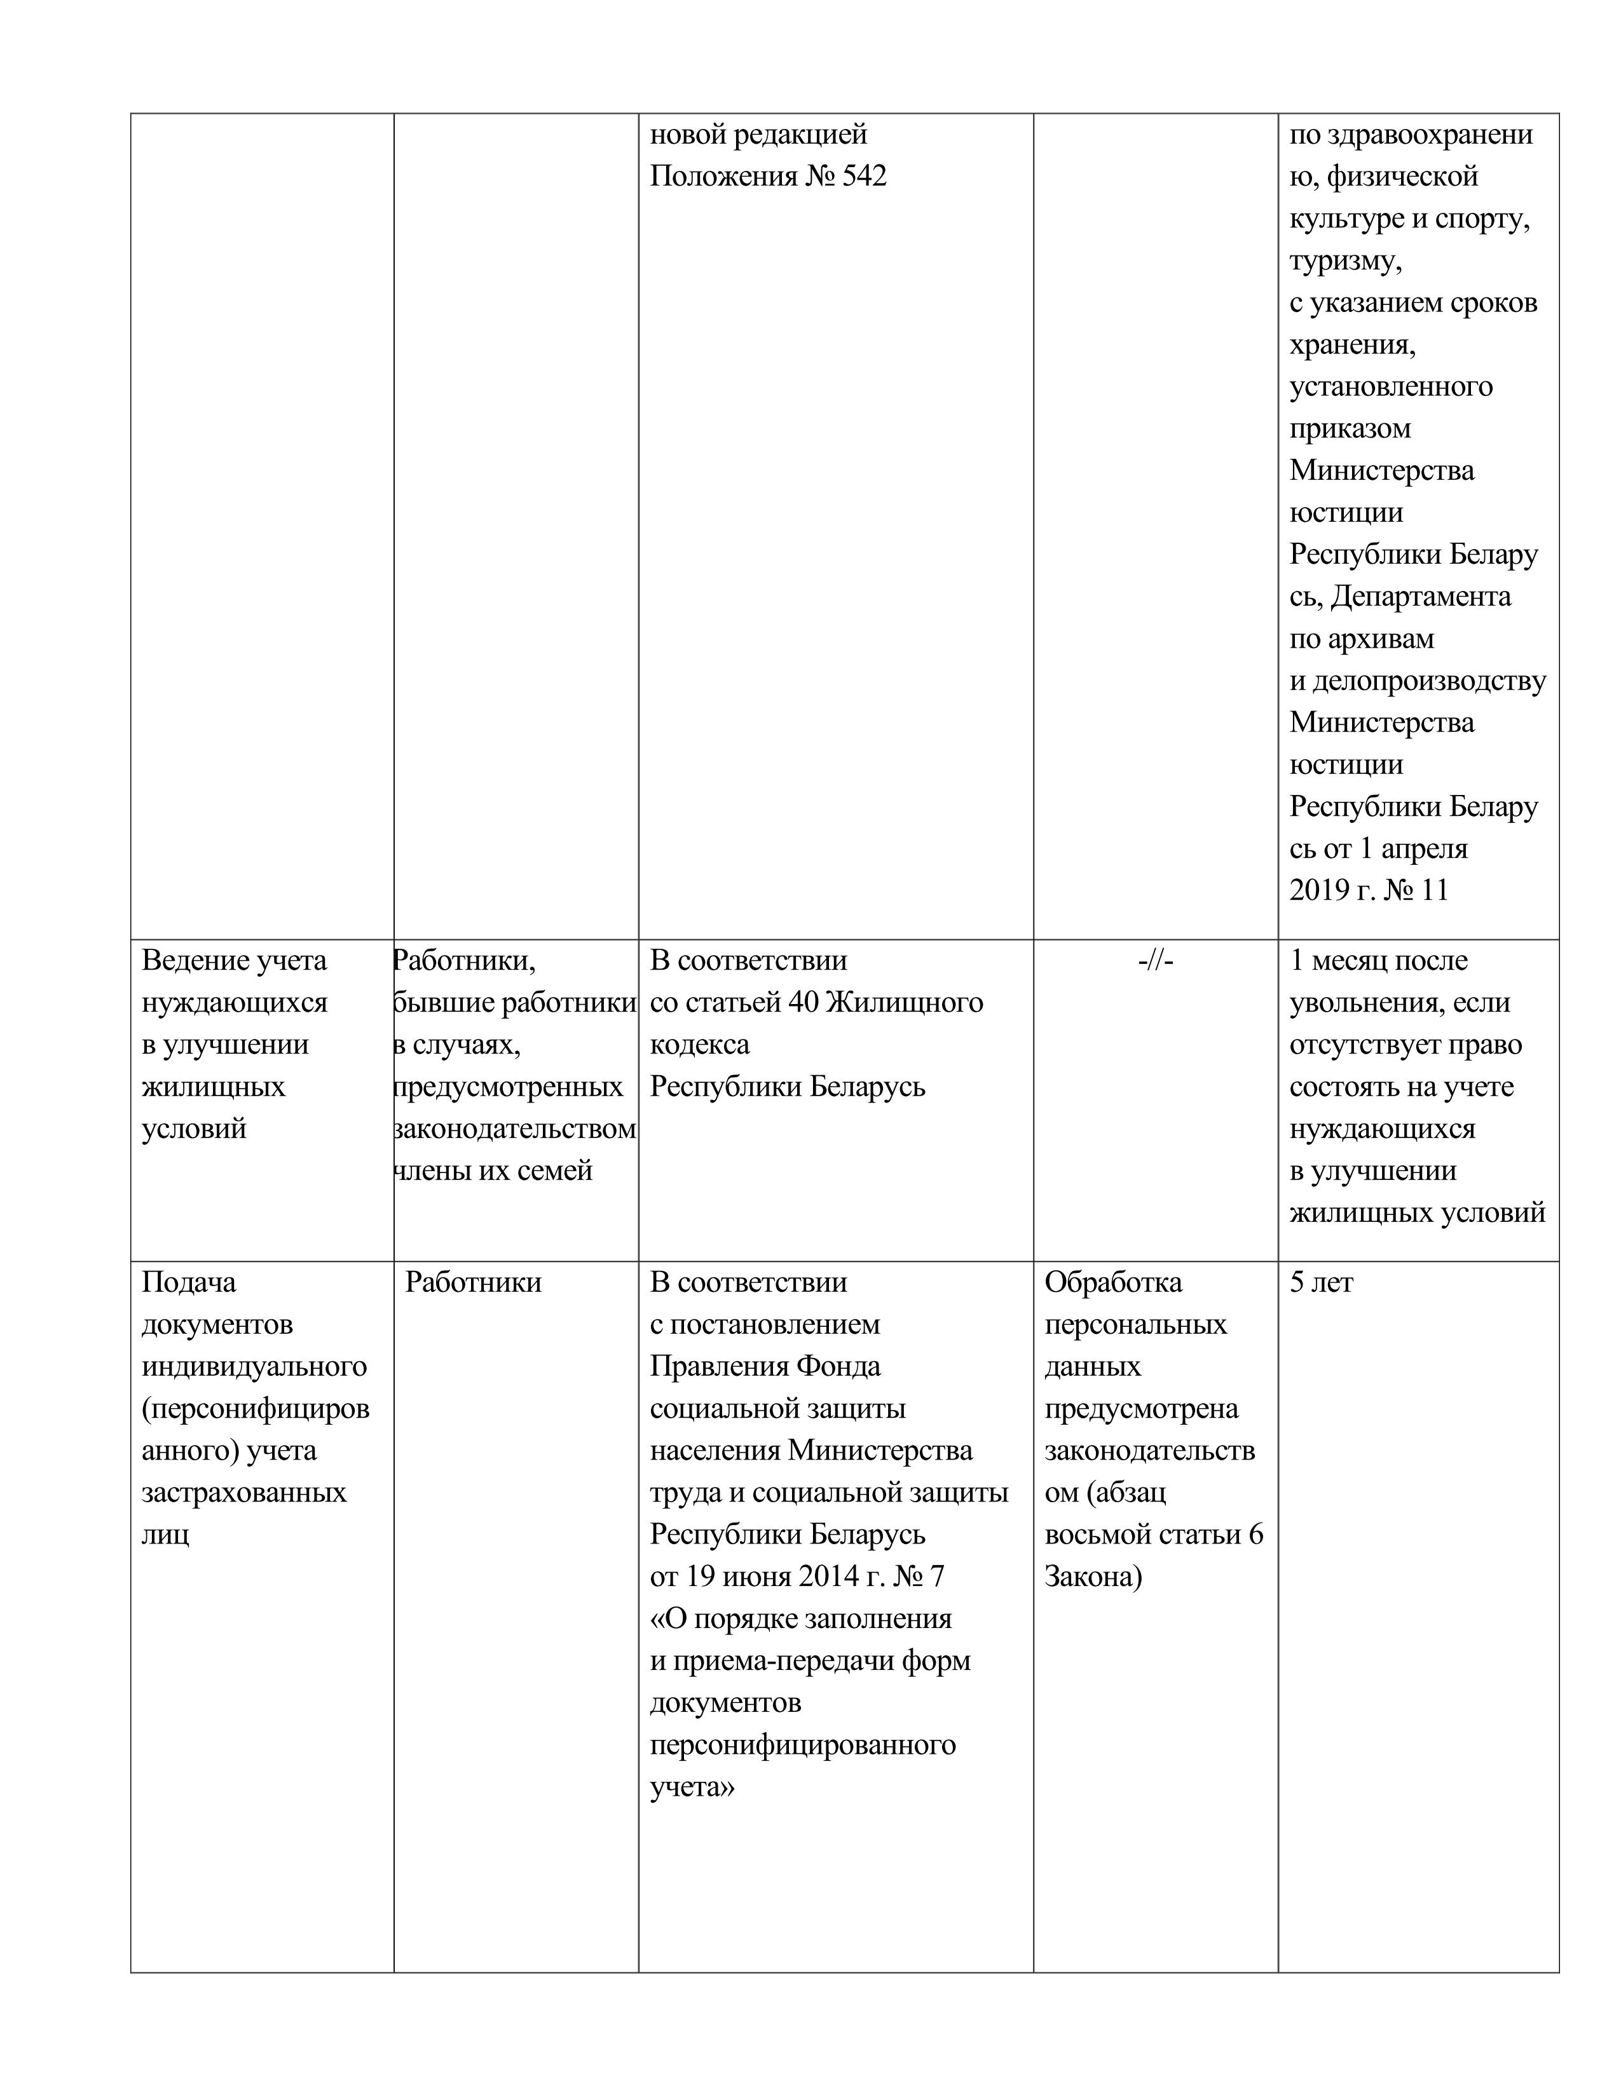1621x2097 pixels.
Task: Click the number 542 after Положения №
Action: [x=863, y=177]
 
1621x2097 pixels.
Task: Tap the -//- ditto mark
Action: [x=1155, y=961]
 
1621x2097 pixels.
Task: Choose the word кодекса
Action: [x=699, y=1045]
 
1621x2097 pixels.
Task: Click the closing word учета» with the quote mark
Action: [x=692, y=1788]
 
